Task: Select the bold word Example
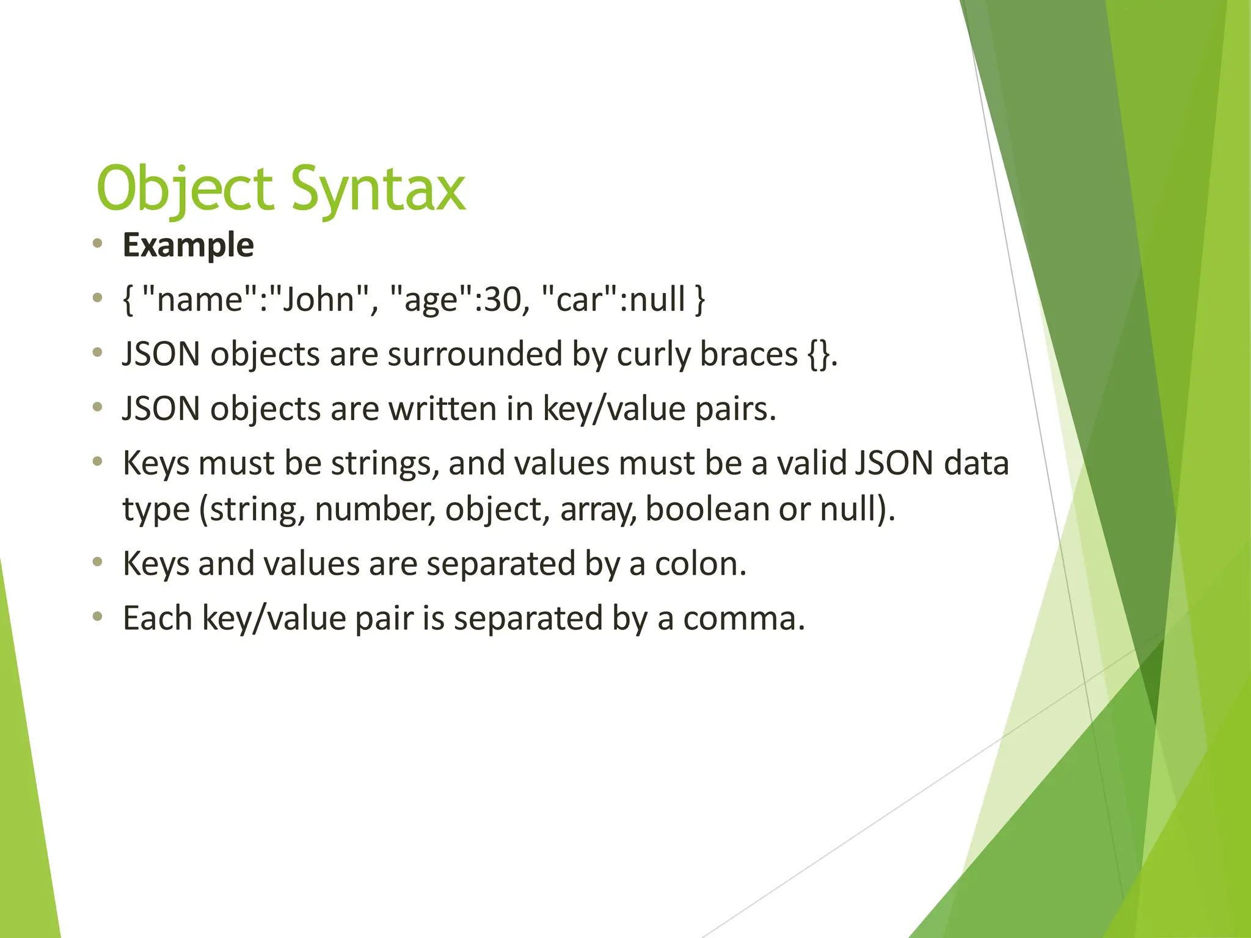(x=188, y=245)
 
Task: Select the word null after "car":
(x=657, y=299)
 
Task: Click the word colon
(x=700, y=564)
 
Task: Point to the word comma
(x=743, y=618)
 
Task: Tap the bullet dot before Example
(x=97, y=244)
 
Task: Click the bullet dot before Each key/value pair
(x=97, y=617)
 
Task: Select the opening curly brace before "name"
(x=128, y=300)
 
